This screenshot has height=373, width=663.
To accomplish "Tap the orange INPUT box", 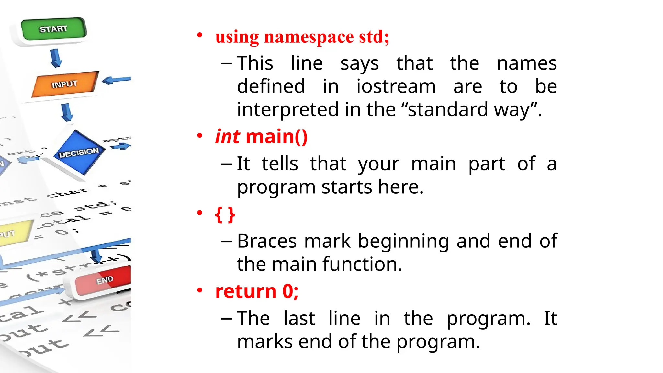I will [65, 84].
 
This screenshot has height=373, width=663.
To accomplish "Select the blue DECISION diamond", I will [79, 152].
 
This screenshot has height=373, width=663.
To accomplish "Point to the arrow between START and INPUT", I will [56, 58].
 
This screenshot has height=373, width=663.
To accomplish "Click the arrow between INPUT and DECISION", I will [67, 112].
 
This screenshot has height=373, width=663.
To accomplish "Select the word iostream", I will [396, 86].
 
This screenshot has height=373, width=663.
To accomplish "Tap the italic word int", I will [228, 136].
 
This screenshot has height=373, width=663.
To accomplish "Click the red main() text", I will [276, 136].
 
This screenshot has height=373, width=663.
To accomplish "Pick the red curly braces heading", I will [225, 214].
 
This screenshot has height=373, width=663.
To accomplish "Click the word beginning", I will [403, 241].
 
